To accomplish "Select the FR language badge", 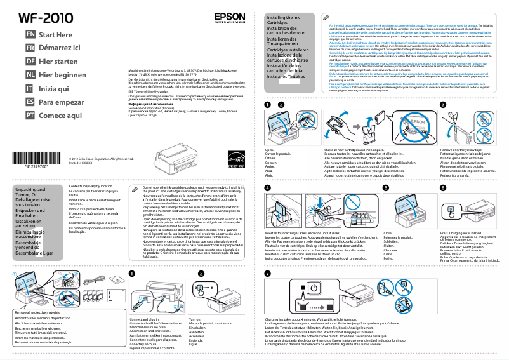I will click(30, 48).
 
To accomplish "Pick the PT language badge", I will click(30, 115).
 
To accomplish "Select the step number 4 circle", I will click(267, 189).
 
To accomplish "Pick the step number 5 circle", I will click(386, 189).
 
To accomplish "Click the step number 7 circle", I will click(267, 273).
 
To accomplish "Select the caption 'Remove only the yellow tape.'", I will click(456, 150).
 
